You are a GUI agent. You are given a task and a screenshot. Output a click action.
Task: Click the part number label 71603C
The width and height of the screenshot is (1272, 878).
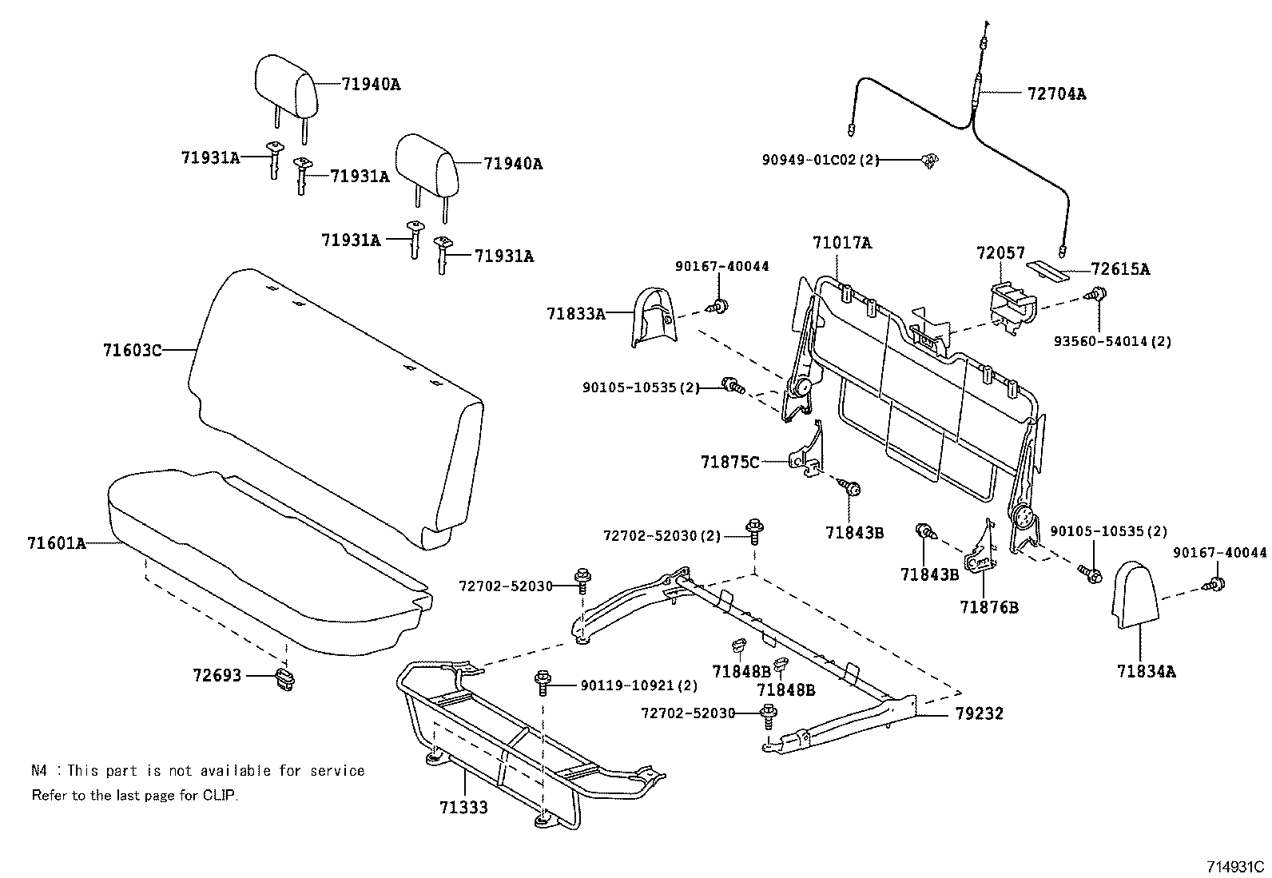pos(132,350)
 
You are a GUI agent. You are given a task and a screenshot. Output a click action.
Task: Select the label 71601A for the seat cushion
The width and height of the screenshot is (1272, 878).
pos(56,543)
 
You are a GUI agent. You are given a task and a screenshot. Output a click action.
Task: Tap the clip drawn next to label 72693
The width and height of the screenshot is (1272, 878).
pos(284,680)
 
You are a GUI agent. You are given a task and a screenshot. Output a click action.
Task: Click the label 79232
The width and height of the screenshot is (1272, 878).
pos(979,713)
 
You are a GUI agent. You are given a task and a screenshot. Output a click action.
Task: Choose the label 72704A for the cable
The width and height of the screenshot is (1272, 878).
pos(1056,93)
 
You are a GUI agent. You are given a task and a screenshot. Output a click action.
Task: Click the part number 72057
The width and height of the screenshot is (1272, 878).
pos(1000,252)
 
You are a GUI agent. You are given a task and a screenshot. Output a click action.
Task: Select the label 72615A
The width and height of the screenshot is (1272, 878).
pos(1120,269)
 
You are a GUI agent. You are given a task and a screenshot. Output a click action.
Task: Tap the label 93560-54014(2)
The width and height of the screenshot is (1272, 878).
pos(1112,341)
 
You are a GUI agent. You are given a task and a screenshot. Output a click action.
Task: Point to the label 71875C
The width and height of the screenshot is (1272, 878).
pos(730,462)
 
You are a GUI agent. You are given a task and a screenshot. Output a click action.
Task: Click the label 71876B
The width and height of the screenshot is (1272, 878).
pos(989,607)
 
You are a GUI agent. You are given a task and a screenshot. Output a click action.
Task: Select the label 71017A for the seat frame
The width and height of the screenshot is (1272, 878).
pos(842,243)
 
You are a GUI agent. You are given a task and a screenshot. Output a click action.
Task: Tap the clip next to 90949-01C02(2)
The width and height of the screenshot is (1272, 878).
pos(928,161)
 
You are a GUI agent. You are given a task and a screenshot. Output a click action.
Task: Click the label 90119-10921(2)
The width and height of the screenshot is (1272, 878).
pos(638,685)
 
